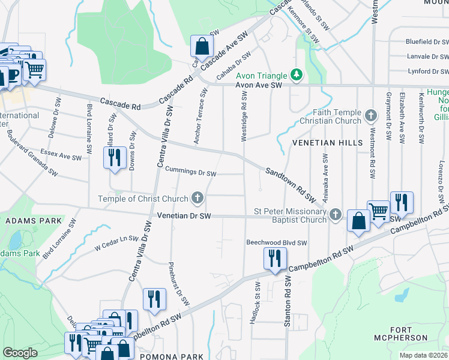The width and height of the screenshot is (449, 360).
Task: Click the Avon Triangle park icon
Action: click(296, 74)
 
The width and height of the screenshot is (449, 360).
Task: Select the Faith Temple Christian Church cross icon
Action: click(371, 114)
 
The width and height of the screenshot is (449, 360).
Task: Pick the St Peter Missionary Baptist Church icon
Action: click(336, 214)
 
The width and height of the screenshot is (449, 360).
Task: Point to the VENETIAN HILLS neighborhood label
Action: click(327, 143)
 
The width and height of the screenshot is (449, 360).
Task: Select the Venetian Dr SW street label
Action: click(184, 215)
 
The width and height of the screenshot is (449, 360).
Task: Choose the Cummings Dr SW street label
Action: click(190, 173)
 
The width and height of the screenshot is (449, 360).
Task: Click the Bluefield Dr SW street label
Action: click(418, 42)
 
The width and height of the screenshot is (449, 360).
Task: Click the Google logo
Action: click(20, 353)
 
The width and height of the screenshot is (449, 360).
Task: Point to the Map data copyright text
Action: click(423, 355)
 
